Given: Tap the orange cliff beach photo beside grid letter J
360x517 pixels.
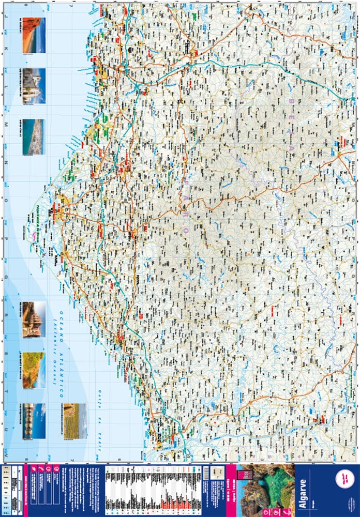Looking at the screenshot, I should pos(34,35).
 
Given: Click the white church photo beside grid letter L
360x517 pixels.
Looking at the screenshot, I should pos(34,85).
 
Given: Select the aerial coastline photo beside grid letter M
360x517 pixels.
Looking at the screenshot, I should pos(34,136).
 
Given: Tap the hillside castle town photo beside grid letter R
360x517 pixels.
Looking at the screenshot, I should pos(34,320).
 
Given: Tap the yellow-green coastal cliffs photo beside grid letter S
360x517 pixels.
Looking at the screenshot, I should pos(34,370).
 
